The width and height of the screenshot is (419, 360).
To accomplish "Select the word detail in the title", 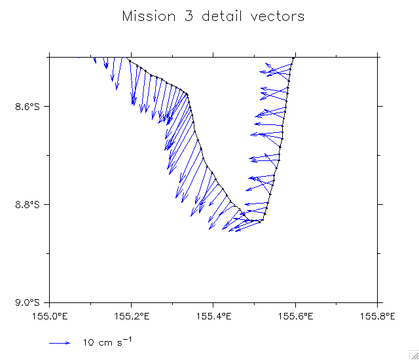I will (x=217, y=16).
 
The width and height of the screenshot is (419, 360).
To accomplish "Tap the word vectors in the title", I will (x=278, y=16).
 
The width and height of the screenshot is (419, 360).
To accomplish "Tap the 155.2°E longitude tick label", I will (x=132, y=316).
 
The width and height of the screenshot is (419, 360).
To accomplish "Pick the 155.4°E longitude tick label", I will (x=213, y=316).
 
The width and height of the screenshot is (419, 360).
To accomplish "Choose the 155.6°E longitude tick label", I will (x=295, y=316).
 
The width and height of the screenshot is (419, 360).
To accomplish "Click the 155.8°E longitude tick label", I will (x=378, y=316).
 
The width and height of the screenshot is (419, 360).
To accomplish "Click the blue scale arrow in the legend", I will (x=60, y=342).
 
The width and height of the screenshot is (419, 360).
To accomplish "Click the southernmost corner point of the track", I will (x=261, y=221).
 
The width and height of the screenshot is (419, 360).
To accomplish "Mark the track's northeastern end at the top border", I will (x=294, y=58).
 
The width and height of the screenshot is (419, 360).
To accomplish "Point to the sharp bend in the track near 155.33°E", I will (x=187, y=94).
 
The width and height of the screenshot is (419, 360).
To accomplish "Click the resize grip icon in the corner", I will (x=414, y=355).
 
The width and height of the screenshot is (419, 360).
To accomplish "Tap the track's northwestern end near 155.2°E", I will (x=128, y=60).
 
